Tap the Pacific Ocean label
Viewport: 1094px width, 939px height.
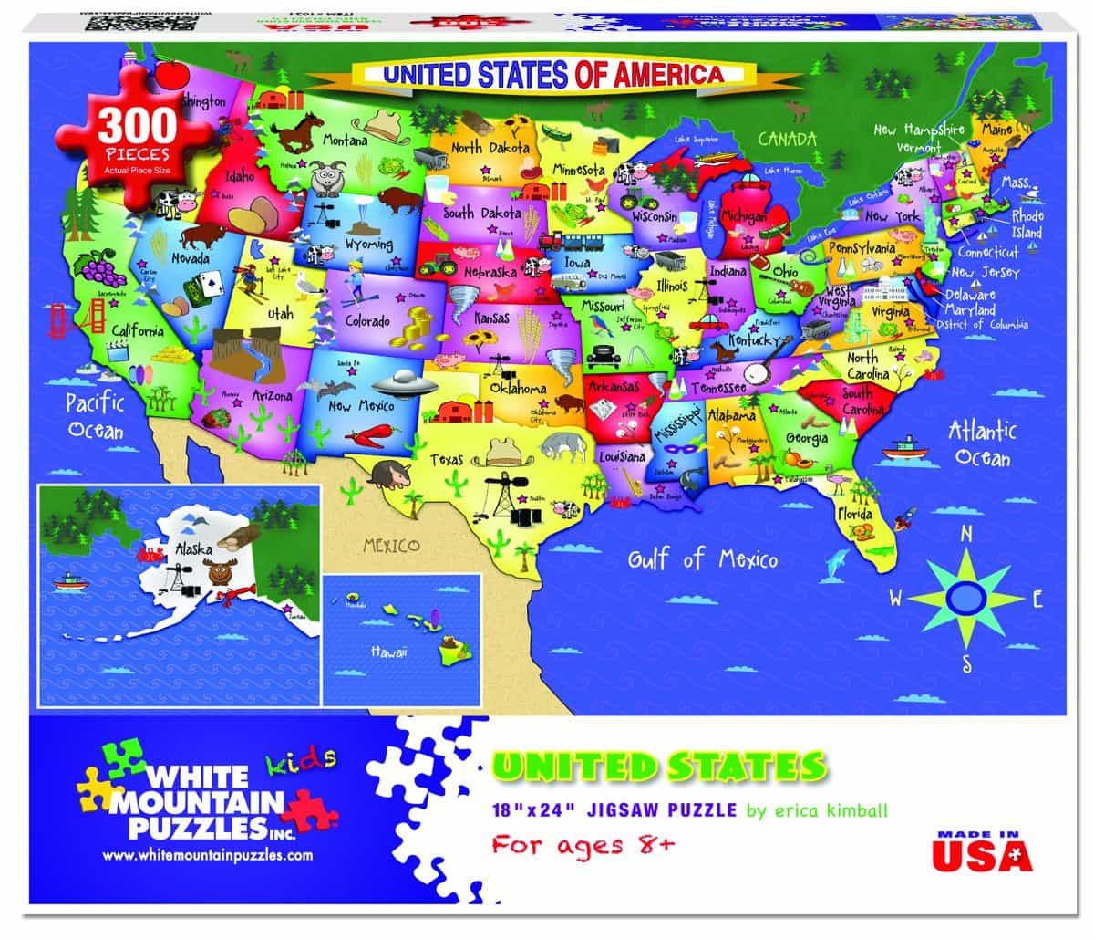95,415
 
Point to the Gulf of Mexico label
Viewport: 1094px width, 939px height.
702,557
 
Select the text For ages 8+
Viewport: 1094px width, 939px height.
583,844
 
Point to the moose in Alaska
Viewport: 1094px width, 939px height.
221,575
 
